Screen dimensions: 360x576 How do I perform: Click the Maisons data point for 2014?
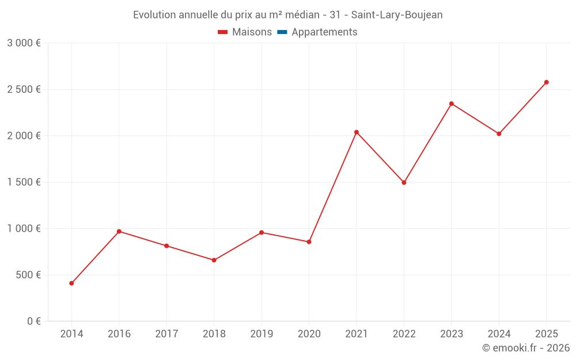coord(71,283)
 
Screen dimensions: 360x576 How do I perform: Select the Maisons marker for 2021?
coord(357,132)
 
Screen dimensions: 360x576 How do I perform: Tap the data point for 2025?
coord(547,82)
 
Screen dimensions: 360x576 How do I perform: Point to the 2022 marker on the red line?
coord(404,183)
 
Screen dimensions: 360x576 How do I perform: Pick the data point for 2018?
coord(214,260)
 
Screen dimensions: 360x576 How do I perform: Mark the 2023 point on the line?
coord(452,104)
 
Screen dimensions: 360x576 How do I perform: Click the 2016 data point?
coord(119,232)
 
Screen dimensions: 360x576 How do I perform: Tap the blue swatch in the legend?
coord(282,32)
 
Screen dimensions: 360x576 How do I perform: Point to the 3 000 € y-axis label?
coord(24,43)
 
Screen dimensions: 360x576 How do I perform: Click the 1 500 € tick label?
coord(24,182)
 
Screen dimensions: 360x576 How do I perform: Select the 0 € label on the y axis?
coord(34,321)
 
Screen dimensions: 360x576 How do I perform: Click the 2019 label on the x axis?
coord(262,334)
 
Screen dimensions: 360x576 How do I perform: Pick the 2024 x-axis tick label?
coord(499,334)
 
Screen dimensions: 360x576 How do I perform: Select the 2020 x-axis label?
coord(309,334)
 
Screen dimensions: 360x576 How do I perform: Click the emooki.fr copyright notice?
coord(525,348)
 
